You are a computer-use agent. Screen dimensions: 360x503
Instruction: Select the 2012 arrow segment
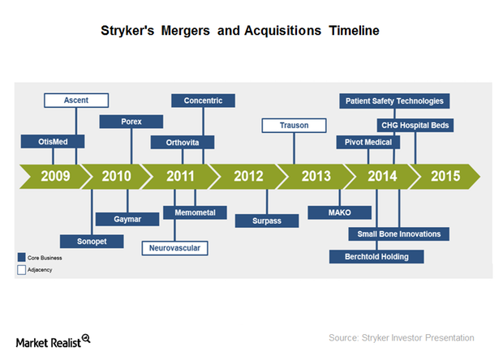247,176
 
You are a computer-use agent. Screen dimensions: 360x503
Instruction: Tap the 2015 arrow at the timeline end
445,176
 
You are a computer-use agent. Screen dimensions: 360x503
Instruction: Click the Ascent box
76,101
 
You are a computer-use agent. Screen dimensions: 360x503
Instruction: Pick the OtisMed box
53,142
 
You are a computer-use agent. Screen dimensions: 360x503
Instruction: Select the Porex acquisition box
131,122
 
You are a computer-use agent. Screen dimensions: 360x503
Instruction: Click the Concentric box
203,101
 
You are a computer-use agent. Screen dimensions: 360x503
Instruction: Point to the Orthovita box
183,142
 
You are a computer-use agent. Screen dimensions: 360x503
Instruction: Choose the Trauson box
294,125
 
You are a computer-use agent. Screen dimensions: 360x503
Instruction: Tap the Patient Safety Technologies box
394,101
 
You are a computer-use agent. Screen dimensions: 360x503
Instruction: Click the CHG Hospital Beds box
415,125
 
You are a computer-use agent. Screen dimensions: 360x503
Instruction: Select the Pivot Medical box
368,143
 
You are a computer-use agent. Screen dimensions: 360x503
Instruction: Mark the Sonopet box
83,241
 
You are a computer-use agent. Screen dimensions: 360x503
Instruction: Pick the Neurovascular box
174,247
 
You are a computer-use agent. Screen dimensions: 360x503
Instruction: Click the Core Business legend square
22,258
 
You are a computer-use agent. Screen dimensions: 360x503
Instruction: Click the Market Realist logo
54,341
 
